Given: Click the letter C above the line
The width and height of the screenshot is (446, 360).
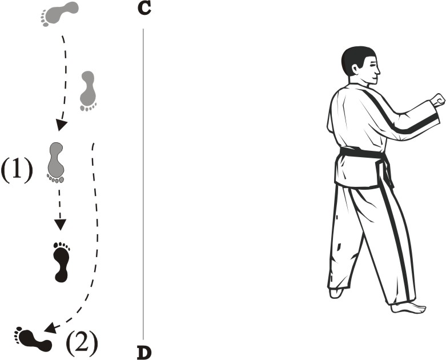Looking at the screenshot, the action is (x=144, y=9).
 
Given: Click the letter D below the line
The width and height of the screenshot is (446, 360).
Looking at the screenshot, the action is (x=144, y=353).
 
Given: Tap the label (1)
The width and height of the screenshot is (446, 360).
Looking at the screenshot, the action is (x=17, y=170).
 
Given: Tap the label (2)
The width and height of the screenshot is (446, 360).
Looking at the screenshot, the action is (x=82, y=343).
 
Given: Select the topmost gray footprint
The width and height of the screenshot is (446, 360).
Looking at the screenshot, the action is (x=59, y=13).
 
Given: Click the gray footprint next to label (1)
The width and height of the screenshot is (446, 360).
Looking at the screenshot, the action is (x=56, y=162).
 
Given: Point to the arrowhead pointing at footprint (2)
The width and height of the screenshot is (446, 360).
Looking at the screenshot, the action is (x=50, y=328).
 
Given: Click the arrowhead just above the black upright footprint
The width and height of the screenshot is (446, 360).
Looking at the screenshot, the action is (x=60, y=224).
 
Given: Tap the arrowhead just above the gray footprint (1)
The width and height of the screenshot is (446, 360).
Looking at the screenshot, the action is (x=61, y=125).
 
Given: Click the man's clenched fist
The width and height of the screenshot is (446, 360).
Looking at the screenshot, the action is (x=437, y=100).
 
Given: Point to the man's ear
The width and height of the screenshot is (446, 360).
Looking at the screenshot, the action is (x=355, y=69).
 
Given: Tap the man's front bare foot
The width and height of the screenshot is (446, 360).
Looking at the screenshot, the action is (x=408, y=308).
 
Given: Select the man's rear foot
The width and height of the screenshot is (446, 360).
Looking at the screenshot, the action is (x=336, y=293).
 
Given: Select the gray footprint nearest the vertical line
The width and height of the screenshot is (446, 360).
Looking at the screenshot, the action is (x=88, y=91).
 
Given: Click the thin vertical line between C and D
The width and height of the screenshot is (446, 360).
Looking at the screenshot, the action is (x=143, y=184).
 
